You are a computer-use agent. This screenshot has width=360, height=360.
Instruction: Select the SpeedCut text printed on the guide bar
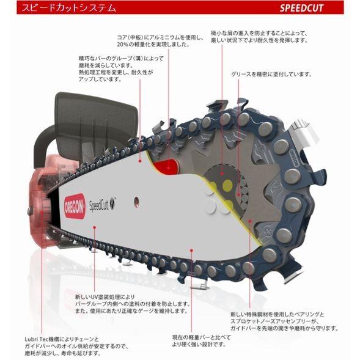(x=102, y=205)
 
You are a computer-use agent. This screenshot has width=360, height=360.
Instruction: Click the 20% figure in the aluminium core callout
(x=125, y=45)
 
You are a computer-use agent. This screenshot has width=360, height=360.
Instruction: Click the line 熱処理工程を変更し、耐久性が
(x=110, y=72)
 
